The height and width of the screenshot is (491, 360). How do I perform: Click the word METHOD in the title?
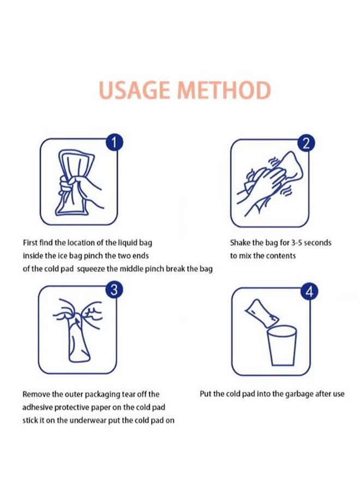point(224,90)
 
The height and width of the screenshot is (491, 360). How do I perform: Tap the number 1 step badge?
point(114,143)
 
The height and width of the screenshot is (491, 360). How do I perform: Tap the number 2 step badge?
point(307,143)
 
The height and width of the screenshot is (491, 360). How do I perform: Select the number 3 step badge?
point(114,290)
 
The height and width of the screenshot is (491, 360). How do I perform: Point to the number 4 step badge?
point(309,291)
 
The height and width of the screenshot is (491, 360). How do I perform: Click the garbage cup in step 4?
point(281,346)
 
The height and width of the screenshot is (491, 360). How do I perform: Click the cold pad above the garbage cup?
point(262,313)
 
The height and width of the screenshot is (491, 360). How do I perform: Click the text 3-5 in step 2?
point(296,243)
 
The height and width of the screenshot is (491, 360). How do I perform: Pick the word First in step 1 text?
point(31,243)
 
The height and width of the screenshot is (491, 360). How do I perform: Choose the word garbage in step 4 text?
point(299,394)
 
